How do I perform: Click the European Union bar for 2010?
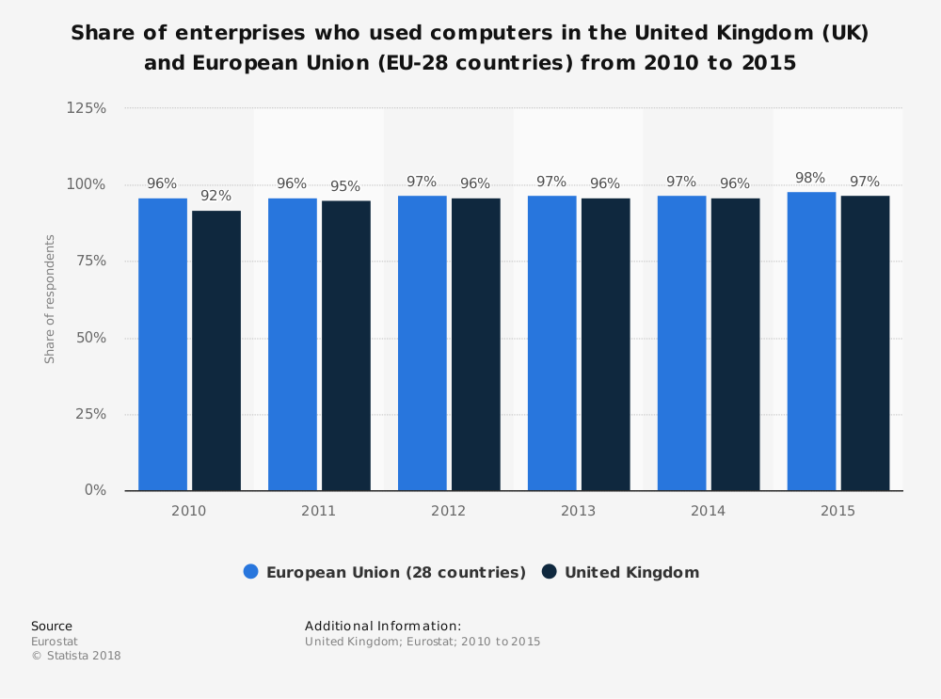tap(163, 344)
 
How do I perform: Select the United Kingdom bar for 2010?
tap(216, 350)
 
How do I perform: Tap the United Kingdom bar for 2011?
tap(346, 345)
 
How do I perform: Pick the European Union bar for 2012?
tap(423, 342)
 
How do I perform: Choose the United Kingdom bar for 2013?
tap(606, 344)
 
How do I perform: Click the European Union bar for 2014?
tap(681, 342)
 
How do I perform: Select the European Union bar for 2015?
tap(811, 342)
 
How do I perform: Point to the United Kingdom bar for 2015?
tap(865, 342)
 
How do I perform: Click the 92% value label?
tap(215, 196)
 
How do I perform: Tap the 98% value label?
tap(810, 178)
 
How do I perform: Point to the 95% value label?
tap(345, 186)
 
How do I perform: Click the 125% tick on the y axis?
tap(87, 108)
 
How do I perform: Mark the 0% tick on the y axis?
tap(95, 490)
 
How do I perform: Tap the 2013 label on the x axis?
tap(578, 511)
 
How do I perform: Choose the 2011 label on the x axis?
tap(318, 511)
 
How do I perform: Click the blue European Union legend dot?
tap(251, 572)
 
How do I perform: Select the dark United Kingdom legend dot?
tap(550, 572)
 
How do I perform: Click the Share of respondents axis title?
tap(50, 299)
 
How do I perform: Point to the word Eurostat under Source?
tap(55, 641)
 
